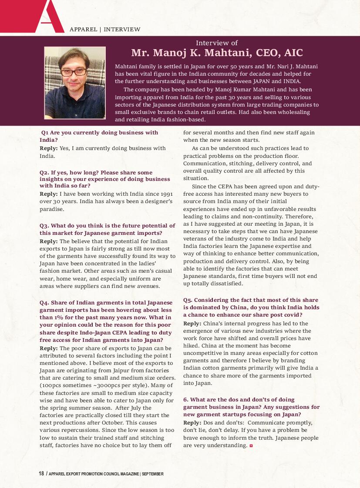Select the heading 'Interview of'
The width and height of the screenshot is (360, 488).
217,43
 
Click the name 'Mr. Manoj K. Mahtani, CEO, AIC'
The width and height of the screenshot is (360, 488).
217,53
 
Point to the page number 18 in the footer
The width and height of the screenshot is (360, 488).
41,474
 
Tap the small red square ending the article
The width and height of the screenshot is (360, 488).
251,446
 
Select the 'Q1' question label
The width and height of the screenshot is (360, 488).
45,132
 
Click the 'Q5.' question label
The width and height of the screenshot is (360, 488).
188,300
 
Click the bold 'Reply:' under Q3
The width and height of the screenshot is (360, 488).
48,241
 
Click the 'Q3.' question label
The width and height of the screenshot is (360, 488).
44,226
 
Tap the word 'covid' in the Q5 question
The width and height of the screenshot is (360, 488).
290,315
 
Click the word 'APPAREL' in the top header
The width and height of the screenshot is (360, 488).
83,30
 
